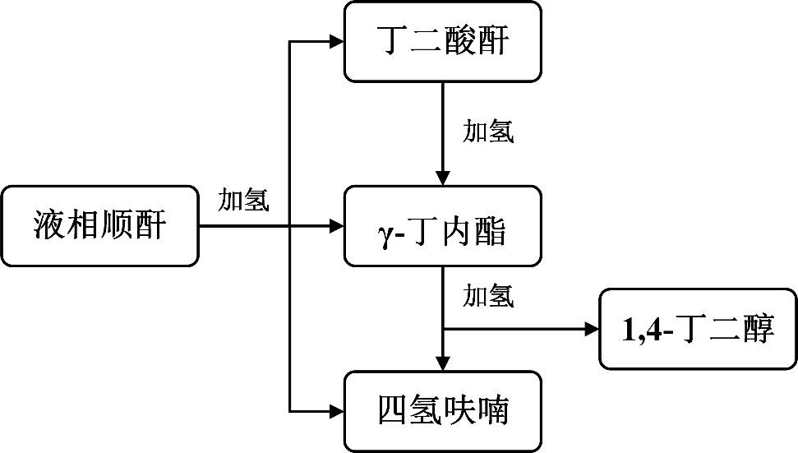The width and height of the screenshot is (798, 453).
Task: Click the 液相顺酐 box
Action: pos(99,226)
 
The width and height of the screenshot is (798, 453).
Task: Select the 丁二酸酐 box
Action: pos(443,42)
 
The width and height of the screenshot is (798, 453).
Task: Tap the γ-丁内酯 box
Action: pos(443,226)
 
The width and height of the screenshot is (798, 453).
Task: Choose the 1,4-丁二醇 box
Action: pos(699,329)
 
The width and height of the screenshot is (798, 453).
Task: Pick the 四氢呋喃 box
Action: pos(443,410)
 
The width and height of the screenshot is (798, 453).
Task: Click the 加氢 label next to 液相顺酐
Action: pos(243,200)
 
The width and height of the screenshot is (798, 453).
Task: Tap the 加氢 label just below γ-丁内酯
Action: pos(489,296)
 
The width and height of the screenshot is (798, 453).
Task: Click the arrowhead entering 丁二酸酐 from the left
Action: pos(336,42)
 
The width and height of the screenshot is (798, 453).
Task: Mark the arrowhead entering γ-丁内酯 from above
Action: pos(443,178)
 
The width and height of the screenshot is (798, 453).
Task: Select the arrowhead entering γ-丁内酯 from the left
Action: pos(336,226)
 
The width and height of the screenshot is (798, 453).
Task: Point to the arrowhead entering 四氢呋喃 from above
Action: pos(443,363)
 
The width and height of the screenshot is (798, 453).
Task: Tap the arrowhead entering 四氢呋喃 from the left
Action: pos(336,410)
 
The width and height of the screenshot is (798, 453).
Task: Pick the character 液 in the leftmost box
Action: pos(50,225)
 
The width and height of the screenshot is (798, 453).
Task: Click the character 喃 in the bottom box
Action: pos(493,410)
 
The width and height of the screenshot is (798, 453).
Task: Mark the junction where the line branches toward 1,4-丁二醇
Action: pos(443,329)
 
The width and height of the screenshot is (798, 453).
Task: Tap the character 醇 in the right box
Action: pos(757,330)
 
